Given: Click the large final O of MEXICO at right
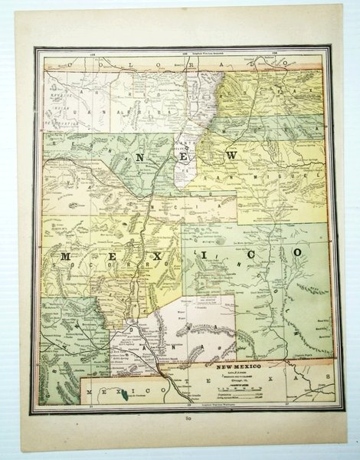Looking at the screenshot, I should pos(294,251).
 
